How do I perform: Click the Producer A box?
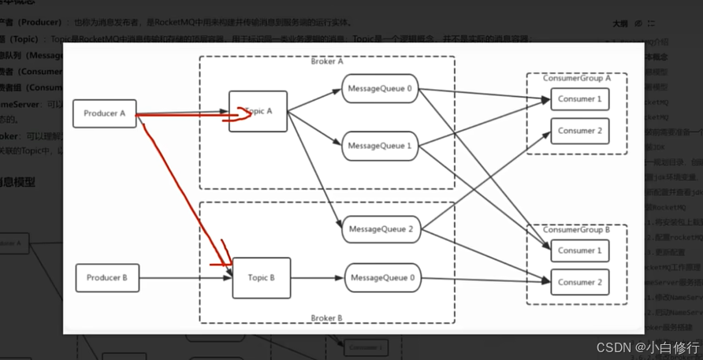(105, 113)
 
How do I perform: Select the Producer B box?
(107, 277)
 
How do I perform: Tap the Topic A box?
(258, 111)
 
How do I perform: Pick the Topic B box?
(261, 277)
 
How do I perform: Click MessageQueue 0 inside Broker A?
(379, 89)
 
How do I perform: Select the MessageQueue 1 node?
(379, 146)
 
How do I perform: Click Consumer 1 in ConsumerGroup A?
(579, 99)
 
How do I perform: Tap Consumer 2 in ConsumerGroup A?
(579, 131)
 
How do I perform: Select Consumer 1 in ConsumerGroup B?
(579, 251)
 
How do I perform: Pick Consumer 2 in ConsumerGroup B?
(579, 282)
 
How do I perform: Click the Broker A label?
(327, 61)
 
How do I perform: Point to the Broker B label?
(327, 318)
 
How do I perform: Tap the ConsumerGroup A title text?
(577, 78)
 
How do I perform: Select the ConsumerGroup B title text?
(577, 229)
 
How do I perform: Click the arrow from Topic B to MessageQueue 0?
(317, 277)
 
